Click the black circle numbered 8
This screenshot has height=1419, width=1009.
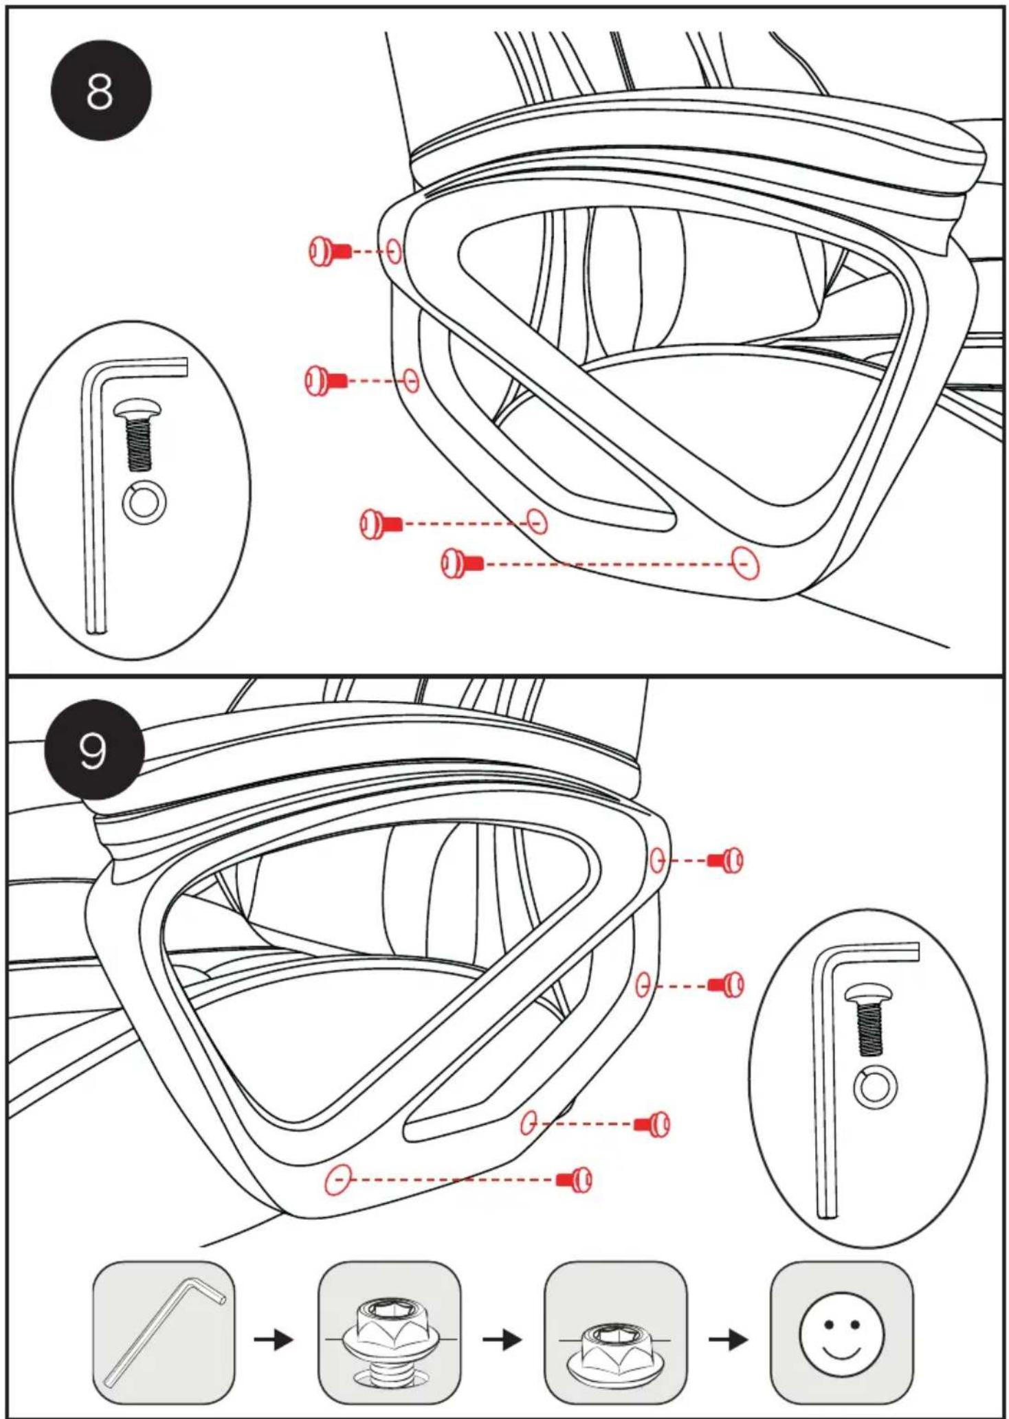pos(101,90)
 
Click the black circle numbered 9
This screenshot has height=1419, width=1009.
pos(94,750)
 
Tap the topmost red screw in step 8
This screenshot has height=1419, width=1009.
pos(330,251)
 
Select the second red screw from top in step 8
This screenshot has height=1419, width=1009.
pos(326,380)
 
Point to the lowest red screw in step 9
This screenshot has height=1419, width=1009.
pos(574,1179)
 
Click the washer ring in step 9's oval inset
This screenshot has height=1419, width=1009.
pos(875,1088)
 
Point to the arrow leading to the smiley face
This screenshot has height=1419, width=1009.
pos(729,1339)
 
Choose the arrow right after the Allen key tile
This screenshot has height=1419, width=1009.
pos(274,1339)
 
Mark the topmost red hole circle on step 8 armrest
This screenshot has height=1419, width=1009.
pos(394,252)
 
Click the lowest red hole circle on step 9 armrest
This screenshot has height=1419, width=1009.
pos(339,1179)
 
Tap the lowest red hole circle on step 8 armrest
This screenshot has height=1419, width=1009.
pos(745,563)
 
